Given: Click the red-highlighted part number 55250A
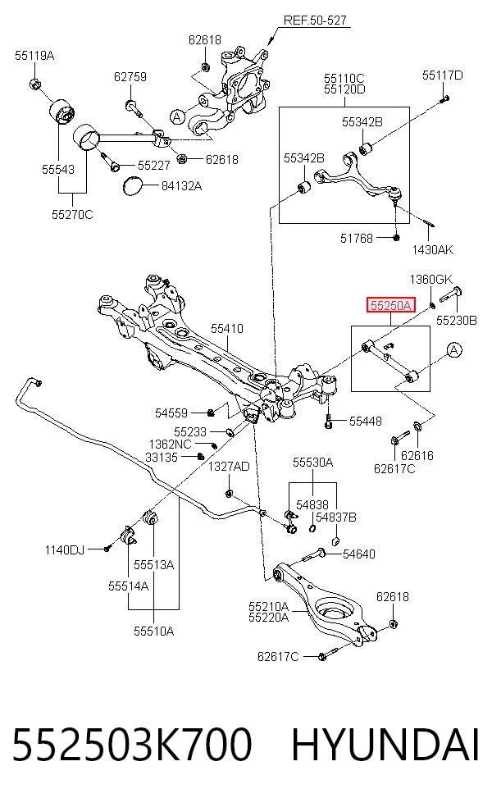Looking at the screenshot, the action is pos(390,305).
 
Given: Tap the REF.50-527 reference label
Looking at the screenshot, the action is pos(315,20).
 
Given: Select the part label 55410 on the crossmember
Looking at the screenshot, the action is pos(227,328).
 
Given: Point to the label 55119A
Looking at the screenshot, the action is pos(34,56).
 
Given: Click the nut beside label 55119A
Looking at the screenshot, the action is pos(35,84).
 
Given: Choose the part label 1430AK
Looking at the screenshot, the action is pos(433,250).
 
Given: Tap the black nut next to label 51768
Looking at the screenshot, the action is pos(396,237).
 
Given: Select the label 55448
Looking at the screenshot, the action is pos(366,421).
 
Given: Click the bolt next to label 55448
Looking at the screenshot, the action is pos(328,422).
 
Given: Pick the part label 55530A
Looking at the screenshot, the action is pos(313,463).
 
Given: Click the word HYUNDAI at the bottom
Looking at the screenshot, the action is pos(385,745).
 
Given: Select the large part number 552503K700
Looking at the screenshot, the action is pos(132,745).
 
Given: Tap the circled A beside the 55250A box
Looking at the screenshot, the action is pos(454,350).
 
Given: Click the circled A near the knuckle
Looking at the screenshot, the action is pos(178,116).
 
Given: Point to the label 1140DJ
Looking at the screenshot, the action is pos(64,549).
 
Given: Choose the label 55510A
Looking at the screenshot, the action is pos(154,631).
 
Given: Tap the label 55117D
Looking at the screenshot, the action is pos(443,75).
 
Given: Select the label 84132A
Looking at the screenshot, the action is pos(182,186).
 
